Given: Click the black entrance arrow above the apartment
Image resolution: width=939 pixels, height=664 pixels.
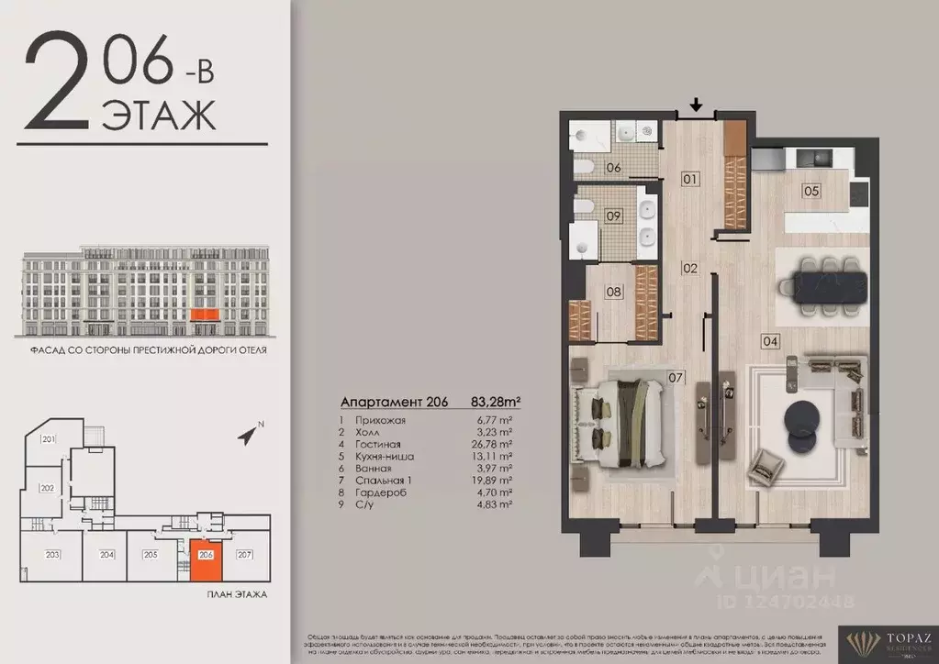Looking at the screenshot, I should (x=696, y=106).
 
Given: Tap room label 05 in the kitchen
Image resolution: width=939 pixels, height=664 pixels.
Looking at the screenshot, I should (x=810, y=192).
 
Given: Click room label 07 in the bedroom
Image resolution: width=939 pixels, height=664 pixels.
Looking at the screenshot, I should (x=676, y=376).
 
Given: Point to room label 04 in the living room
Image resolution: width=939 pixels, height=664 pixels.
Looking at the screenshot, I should (x=770, y=341).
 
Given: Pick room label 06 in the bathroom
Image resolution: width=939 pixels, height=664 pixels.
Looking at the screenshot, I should (x=613, y=167).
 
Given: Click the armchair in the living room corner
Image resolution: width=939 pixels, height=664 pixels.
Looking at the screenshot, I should (x=765, y=467).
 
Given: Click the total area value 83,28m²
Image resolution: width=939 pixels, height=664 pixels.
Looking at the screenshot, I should (x=496, y=402).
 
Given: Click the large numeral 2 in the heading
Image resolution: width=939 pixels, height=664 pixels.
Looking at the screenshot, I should (x=56, y=83).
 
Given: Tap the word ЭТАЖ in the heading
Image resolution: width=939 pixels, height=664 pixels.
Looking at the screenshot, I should (x=158, y=116).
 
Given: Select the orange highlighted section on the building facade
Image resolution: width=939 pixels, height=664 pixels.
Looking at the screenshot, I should (x=204, y=315).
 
